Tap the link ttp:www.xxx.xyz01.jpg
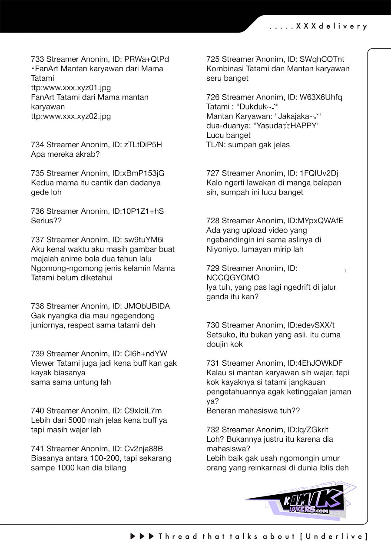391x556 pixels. [71, 88]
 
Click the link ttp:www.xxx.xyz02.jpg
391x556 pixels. [71, 116]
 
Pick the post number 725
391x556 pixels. [213, 59]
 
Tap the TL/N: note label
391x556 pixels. [215, 145]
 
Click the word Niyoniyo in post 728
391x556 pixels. [223, 249]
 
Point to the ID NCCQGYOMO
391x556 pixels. [233, 278]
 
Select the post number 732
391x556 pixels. [213, 430]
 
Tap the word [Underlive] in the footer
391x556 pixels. [333, 536]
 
